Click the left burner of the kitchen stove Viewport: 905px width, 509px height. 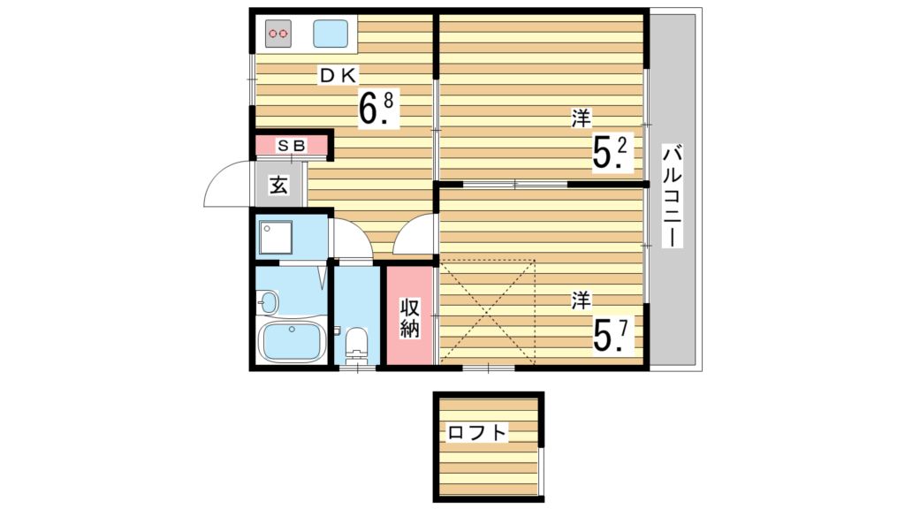point(273,34)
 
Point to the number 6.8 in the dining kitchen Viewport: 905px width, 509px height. point(375,108)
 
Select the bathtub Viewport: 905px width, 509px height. point(291,341)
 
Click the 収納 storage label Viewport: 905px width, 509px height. point(409,317)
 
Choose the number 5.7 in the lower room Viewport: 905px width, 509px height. point(610,334)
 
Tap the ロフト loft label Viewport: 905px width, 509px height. point(478,433)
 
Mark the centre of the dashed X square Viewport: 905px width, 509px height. point(488,311)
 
